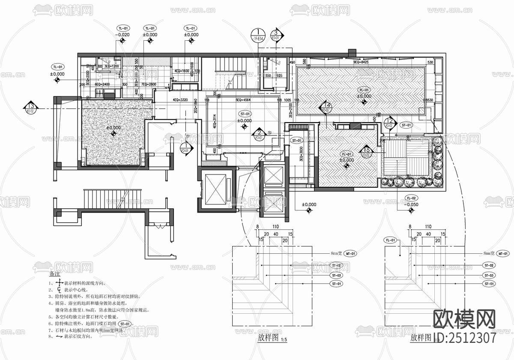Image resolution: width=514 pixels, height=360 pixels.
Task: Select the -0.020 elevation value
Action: tap(123, 35)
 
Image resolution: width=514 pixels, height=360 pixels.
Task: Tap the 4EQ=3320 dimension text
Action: tap(181, 100)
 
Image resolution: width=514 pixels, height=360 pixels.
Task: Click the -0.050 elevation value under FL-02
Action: tap(411, 205)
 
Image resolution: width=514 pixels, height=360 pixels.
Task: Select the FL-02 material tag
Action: tap(411, 198)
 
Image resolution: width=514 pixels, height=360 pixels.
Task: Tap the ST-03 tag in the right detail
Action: tap(489, 275)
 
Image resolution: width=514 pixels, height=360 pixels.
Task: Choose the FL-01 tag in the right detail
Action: tap(390, 240)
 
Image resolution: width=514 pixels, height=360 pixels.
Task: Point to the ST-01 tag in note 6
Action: tap(126, 324)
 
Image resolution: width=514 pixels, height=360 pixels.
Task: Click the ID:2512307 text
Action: tap(465, 338)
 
